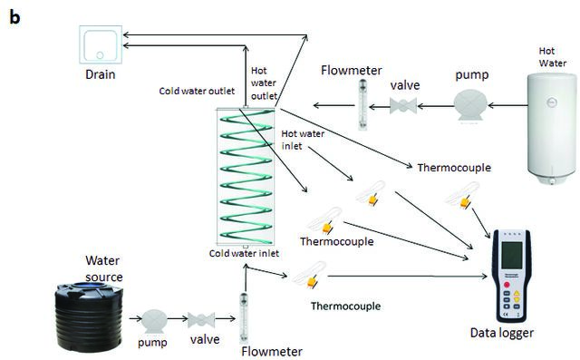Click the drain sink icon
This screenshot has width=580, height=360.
[x=101, y=44]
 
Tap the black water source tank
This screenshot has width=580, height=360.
[x=89, y=316]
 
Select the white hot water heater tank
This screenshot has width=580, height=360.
[x=552, y=129]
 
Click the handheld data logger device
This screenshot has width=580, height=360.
[x=512, y=276]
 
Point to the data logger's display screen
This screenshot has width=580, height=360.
[x=512, y=256]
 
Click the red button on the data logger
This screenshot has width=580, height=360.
[x=507, y=285]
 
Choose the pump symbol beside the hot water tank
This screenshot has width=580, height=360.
[x=470, y=106]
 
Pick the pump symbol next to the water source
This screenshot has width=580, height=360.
[x=154, y=320]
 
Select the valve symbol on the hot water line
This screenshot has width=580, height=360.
[x=403, y=106]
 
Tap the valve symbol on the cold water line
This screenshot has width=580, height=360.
[x=201, y=320]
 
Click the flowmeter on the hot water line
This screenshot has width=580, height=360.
[x=362, y=104]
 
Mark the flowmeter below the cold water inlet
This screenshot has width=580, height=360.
[x=244, y=317]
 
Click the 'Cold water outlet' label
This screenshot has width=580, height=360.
[x=197, y=91]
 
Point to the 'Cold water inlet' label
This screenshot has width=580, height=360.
[x=244, y=253]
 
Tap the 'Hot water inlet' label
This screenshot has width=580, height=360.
[x=303, y=140]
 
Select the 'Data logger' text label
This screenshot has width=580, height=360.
[x=501, y=333]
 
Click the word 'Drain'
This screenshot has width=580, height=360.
[x=101, y=74]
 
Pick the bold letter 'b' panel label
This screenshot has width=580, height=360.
[x=14, y=17]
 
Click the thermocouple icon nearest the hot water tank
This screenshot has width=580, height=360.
[x=462, y=195]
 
